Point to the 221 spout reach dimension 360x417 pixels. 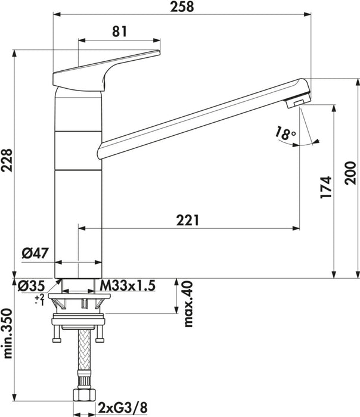188,220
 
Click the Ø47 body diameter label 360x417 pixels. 34,254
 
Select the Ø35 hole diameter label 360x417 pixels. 30,286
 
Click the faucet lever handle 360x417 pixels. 107,69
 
